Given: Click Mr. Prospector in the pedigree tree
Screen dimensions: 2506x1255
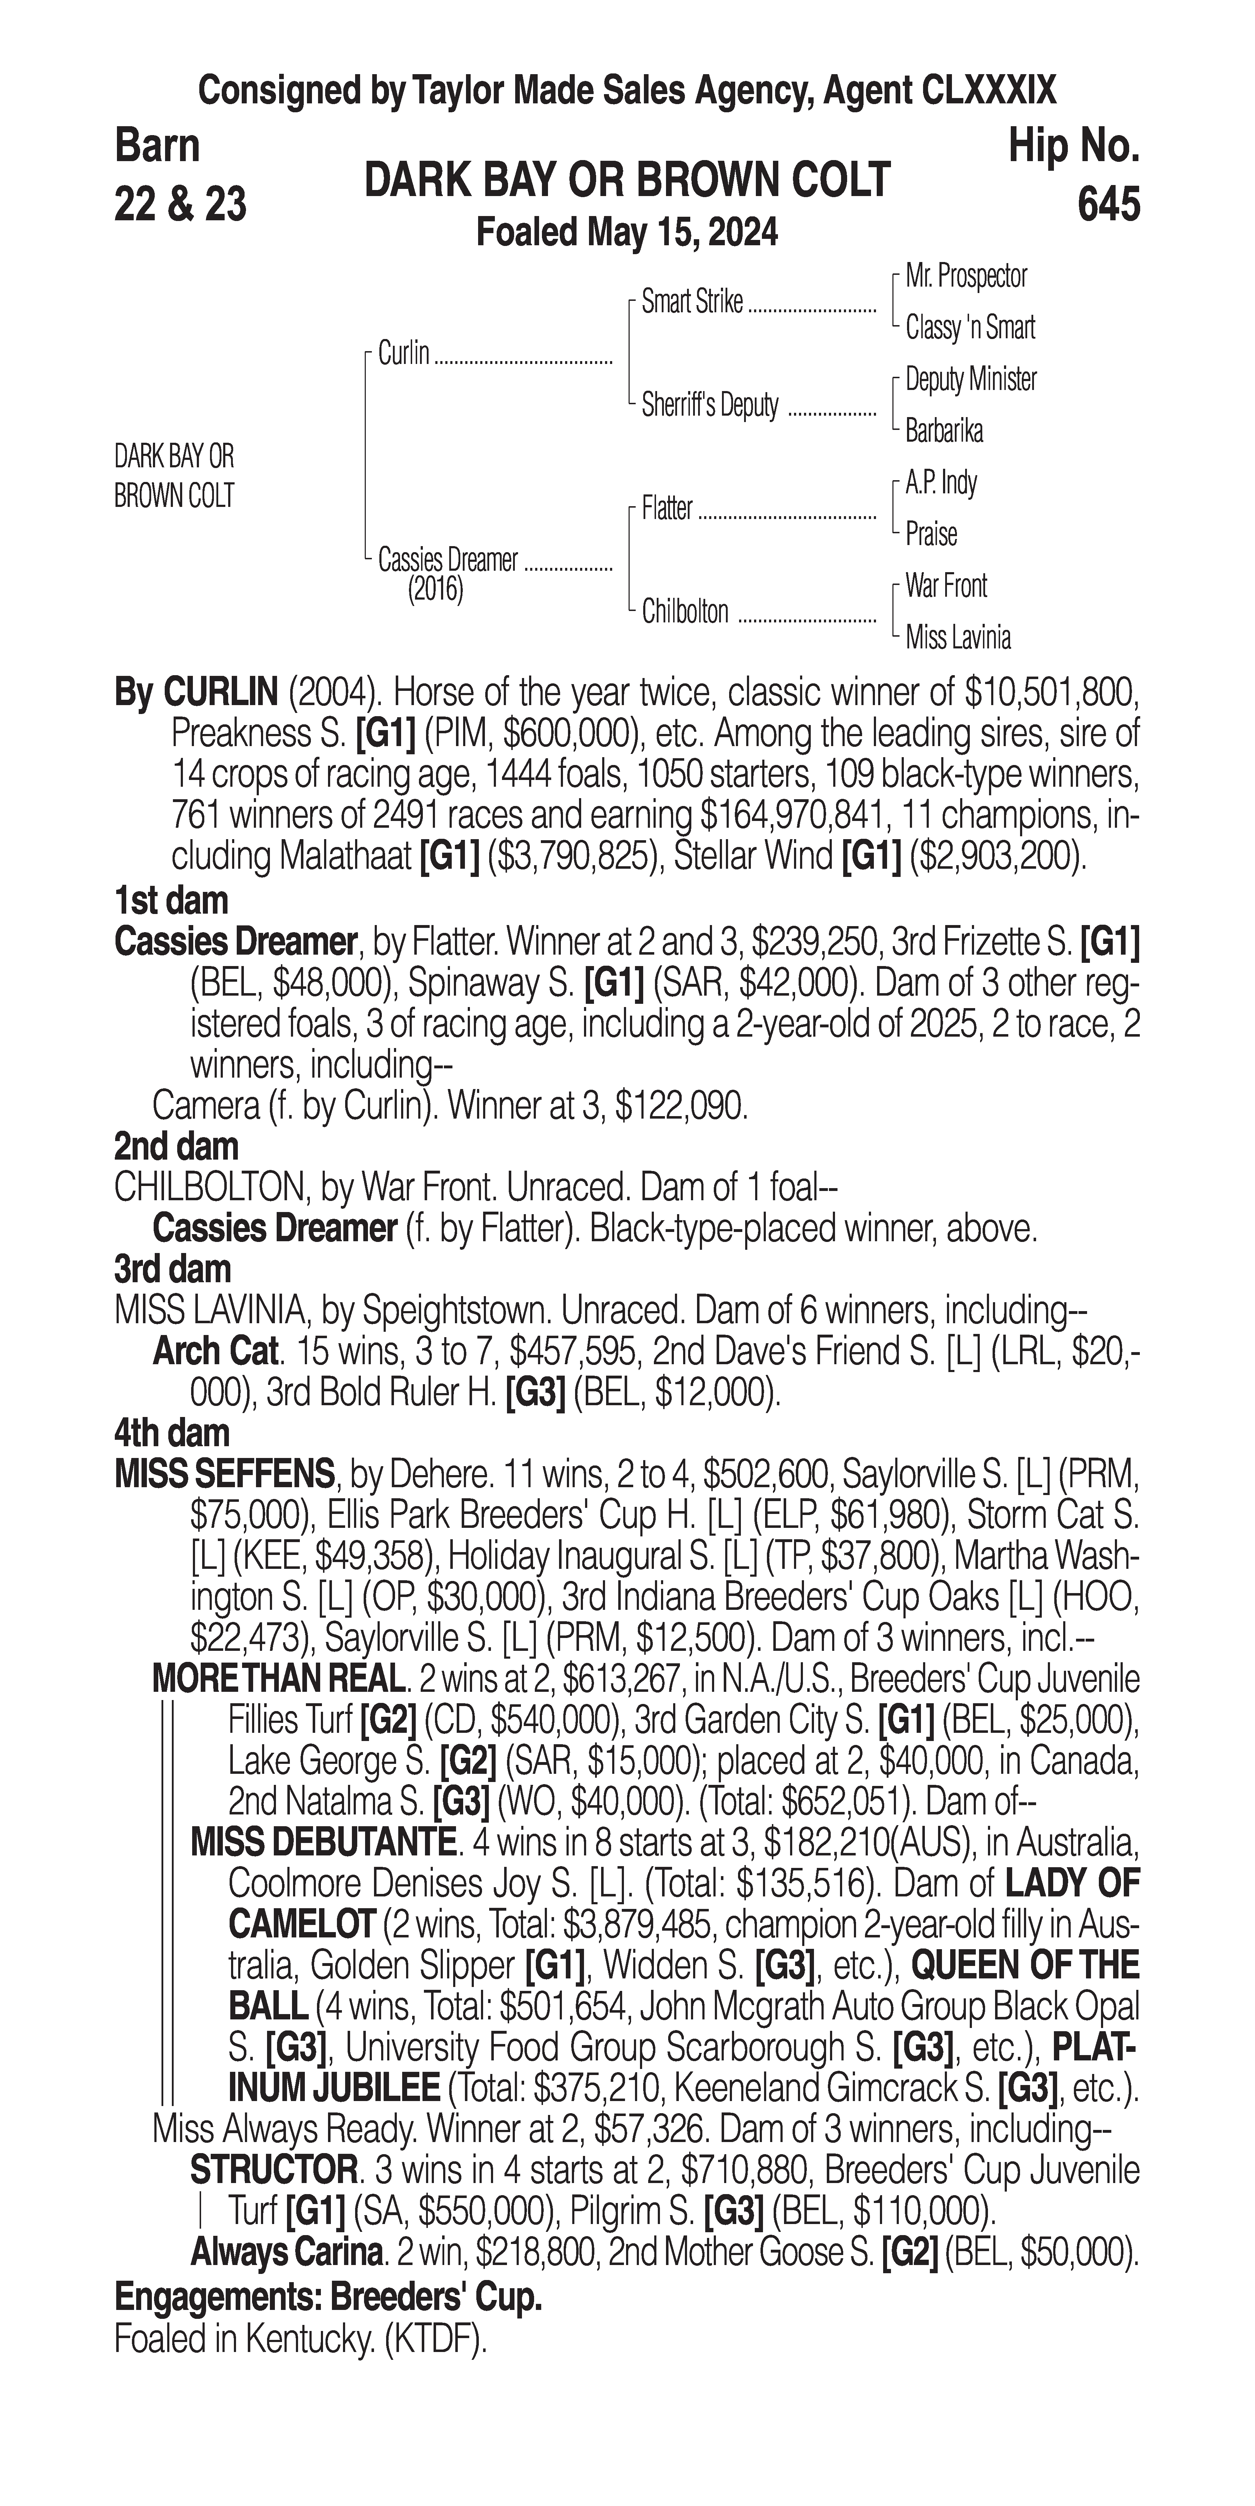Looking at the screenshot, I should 966,276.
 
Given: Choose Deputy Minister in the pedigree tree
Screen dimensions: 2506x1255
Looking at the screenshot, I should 971,379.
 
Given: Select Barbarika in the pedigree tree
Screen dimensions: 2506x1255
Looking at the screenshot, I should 944,431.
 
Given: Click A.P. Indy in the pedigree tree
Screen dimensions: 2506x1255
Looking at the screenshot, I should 941,483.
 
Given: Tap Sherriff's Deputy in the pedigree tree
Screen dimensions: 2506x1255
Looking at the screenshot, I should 710,406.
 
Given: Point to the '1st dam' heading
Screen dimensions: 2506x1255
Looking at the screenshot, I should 171,901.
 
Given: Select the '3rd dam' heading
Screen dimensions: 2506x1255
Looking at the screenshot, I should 172,1269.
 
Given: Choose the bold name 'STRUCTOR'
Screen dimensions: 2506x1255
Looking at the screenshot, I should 272,2169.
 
